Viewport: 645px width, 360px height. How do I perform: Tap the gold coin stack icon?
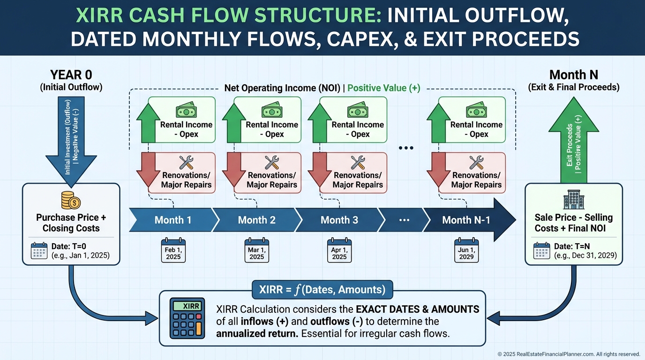[71, 200]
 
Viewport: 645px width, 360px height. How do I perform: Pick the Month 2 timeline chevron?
[256, 220]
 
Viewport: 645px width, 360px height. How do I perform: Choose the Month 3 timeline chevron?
[339, 220]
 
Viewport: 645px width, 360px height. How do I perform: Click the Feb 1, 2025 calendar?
[173, 250]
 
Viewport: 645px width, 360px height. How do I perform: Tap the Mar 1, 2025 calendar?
[256, 250]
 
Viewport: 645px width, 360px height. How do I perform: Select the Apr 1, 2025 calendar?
[339, 250]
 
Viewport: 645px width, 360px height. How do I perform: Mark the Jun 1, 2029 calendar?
[466, 250]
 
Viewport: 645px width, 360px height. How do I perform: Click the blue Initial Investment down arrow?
[71, 138]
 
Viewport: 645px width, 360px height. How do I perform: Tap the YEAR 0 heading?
[71, 75]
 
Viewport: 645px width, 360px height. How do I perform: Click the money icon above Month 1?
[186, 111]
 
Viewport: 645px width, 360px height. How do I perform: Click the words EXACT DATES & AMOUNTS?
[418, 309]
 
